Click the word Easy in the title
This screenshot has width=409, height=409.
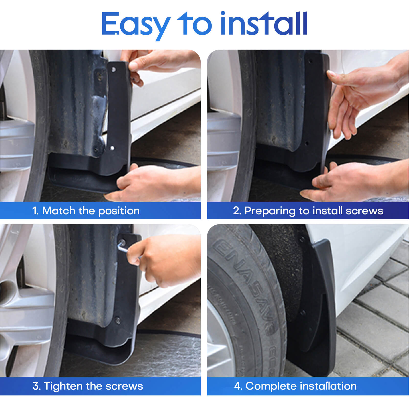(135, 24)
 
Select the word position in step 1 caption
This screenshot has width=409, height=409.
(119, 211)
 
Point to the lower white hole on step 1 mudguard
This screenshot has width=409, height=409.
(112, 148)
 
